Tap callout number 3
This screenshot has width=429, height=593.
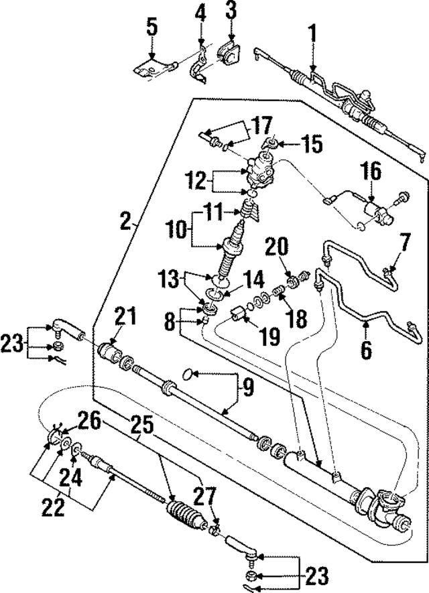pos(231,11)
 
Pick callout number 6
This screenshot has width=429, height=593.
pos(367,349)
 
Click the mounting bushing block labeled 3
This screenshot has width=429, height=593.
pos(229,52)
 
